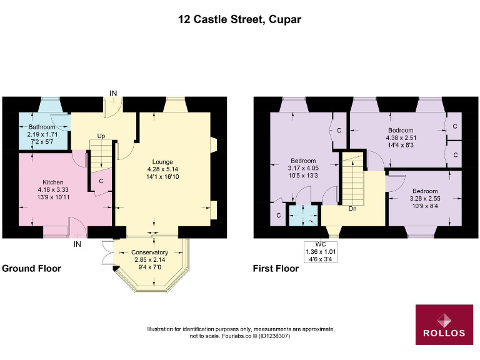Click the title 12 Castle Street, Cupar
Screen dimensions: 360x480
click(x=240, y=19)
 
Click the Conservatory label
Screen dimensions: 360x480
click(x=149, y=252)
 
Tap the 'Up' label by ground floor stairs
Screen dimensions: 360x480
click(x=100, y=135)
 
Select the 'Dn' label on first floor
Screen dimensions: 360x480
click(x=352, y=209)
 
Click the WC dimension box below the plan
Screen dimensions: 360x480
click(x=320, y=252)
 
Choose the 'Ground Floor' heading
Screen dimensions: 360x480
click(x=31, y=269)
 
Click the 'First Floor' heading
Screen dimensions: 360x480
click(x=276, y=269)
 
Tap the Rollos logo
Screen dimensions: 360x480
click(x=444, y=324)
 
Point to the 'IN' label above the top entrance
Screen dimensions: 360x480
click(x=113, y=93)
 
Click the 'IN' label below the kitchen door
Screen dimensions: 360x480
click(x=78, y=243)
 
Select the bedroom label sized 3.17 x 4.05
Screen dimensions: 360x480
click(x=303, y=161)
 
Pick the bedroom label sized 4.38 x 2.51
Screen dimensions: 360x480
click(x=401, y=131)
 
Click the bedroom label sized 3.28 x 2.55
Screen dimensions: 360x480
click(x=424, y=191)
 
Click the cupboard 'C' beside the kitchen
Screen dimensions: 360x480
click(x=101, y=181)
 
